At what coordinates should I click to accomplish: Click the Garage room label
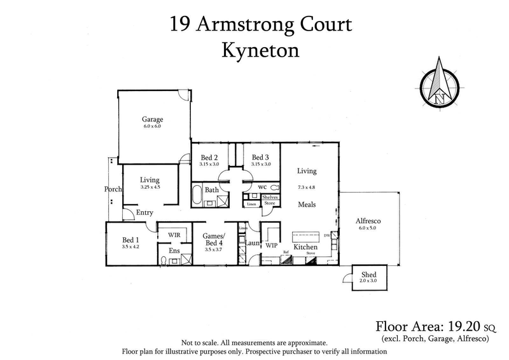152,119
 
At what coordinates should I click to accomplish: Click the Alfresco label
367,221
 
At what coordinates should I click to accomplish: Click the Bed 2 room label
209,158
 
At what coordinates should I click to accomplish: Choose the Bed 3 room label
261,158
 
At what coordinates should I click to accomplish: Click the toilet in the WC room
274,188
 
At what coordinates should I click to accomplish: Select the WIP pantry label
271,245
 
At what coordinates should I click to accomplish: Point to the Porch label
113,189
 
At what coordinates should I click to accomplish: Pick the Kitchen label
305,247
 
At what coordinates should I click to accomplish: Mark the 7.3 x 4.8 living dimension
307,187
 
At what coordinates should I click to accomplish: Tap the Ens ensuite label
174,251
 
